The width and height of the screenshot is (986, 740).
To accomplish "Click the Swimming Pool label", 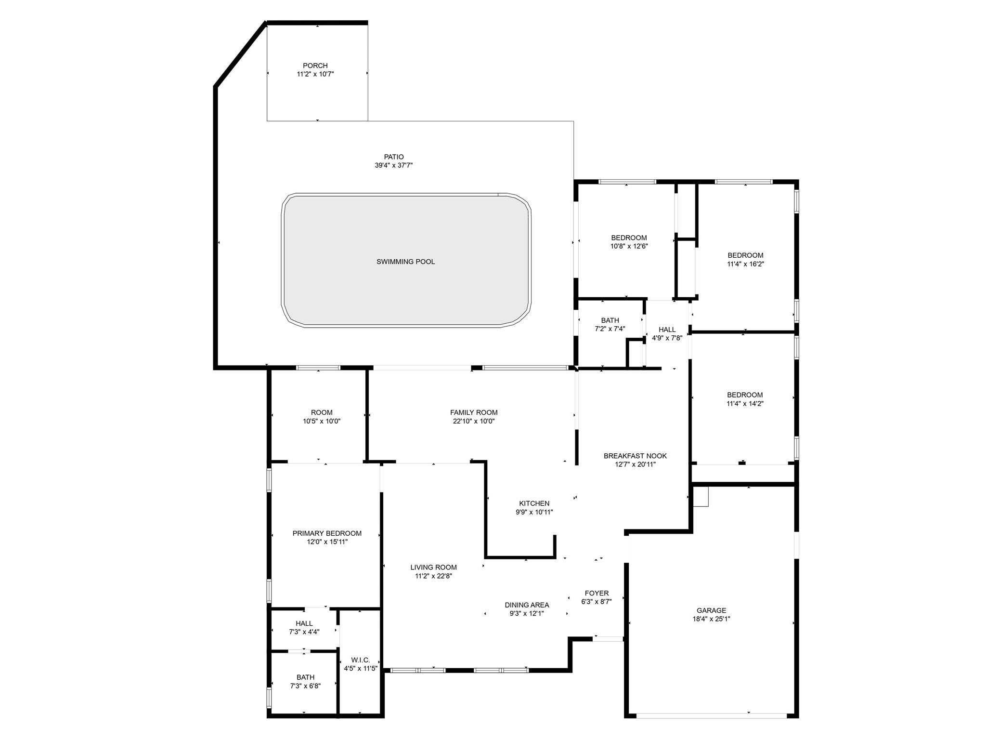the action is click(405, 262).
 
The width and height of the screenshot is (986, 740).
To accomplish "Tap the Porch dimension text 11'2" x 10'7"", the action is click(315, 74).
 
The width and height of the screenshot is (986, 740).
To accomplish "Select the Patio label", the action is click(394, 157).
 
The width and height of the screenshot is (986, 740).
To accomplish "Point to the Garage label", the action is click(711, 610).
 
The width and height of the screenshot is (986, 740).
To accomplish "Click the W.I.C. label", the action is click(361, 660).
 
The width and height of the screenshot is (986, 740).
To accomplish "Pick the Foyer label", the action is click(597, 593).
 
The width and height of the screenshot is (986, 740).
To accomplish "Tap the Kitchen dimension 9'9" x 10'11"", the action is click(534, 512).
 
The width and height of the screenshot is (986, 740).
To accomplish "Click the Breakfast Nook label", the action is click(635, 456).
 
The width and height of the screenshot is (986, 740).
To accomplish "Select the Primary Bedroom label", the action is click(327, 533).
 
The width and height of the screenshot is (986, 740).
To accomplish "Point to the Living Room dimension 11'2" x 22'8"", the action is click(434, 576).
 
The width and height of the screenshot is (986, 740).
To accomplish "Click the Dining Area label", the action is click(527, 605).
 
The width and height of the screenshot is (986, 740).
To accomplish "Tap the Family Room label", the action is click(474, 412).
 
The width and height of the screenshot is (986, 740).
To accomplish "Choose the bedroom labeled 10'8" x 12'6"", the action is click(629, 238).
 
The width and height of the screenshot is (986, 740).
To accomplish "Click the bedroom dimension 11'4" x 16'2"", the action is click(745, 264).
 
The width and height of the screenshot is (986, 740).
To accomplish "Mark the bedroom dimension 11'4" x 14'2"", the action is click(745, 404).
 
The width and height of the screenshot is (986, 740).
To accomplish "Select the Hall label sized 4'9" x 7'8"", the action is click(667, 330).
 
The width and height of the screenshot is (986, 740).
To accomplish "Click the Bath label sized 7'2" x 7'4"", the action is click(610, 320).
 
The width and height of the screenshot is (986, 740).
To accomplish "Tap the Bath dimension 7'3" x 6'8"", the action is click(305, 686).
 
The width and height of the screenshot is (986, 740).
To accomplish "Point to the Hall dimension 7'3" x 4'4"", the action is click(304, 632).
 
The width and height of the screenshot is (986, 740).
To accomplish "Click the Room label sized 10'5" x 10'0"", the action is click(322, 412).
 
